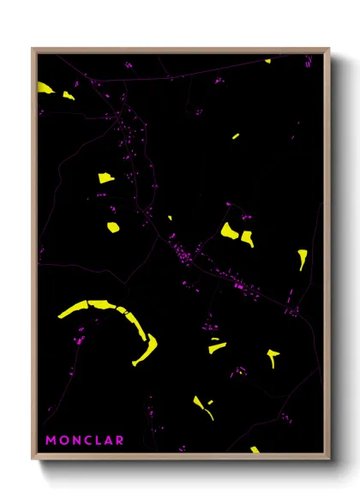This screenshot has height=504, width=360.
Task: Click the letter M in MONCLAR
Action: [x=51, y=441]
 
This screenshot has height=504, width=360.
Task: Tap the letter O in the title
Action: [x=64, y=441]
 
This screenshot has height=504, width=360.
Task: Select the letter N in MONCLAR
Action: [x=77, y=441]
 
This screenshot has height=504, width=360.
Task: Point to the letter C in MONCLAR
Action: [x=89, y=441]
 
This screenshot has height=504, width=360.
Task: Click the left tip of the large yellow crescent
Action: [x=60, y=315]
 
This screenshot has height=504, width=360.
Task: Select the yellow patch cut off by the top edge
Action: [x=267, y=61]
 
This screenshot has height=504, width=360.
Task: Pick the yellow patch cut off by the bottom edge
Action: [x=255, y=449]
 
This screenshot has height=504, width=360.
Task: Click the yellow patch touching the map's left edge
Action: [x=45, y=87]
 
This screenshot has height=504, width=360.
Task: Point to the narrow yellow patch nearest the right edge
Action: [x=303, y=258]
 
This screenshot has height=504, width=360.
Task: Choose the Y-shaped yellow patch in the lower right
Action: [x=273, y=356]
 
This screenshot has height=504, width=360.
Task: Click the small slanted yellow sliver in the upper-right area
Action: [x=235, y=136]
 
